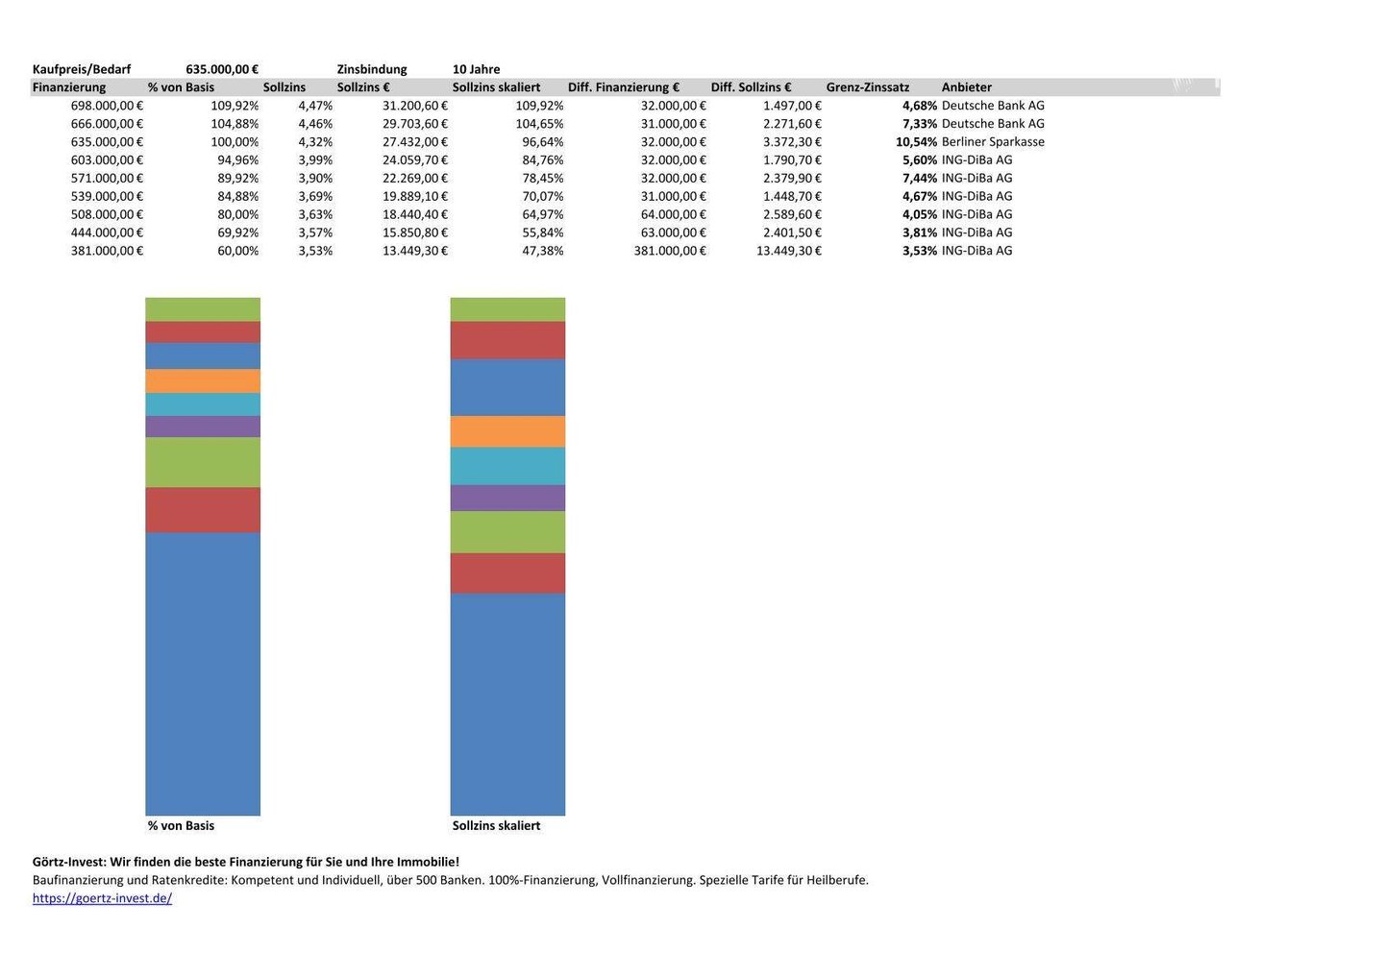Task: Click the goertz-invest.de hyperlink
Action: point(102,898)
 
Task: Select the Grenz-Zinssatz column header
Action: point(867,87)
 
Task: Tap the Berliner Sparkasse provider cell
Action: point(993,142)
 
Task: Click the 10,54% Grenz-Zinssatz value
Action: point(916,142)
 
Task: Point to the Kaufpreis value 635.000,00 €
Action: point(222,69)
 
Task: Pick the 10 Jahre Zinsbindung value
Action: point(476,69)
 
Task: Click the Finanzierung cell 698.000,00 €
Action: point(107,106)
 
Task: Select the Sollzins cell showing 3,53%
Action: point(315,251)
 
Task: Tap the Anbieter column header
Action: point(966,87)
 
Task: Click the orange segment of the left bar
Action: point(203,380)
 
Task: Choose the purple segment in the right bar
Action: point(507,498)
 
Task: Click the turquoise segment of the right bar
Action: point(507,466)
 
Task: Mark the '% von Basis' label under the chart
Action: point(181,826)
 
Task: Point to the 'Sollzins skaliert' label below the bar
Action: point(496,826)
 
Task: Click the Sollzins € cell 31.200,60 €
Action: point(415,106)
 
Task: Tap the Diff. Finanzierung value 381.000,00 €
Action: point(670,251)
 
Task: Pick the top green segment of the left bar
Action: point(203,309)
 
